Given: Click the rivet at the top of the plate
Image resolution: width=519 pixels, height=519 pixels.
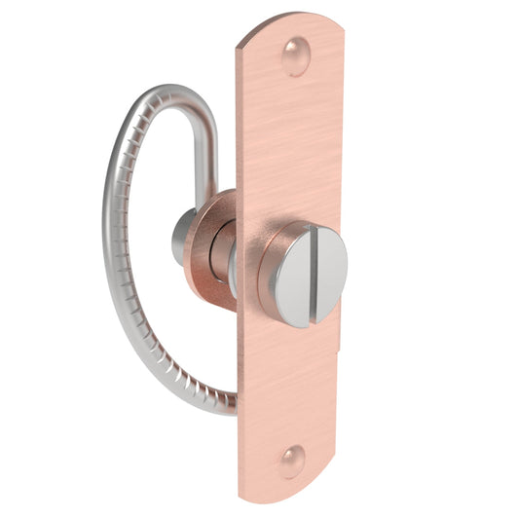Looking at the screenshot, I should point(294,56).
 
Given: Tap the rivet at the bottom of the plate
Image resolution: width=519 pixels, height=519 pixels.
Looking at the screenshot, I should point(292,459).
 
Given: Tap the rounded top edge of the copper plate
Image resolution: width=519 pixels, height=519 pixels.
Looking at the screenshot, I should point(292,21).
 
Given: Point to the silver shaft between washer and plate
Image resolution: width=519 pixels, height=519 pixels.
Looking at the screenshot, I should point(230,263).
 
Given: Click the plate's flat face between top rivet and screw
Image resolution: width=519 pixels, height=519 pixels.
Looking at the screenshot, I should point(292,146).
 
